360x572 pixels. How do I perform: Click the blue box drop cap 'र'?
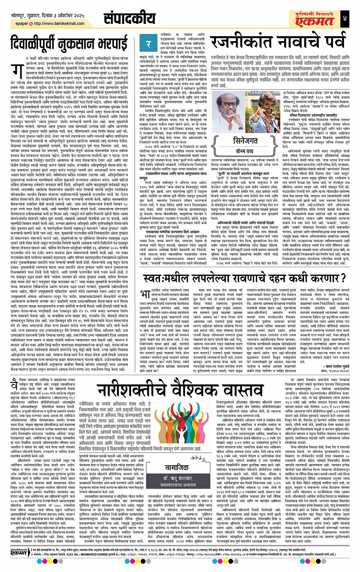(149, 44)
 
